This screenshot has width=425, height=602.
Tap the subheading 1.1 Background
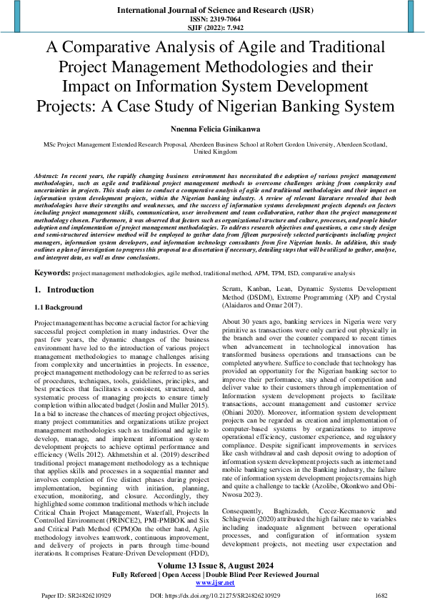59,307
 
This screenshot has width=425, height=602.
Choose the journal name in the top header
212,10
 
